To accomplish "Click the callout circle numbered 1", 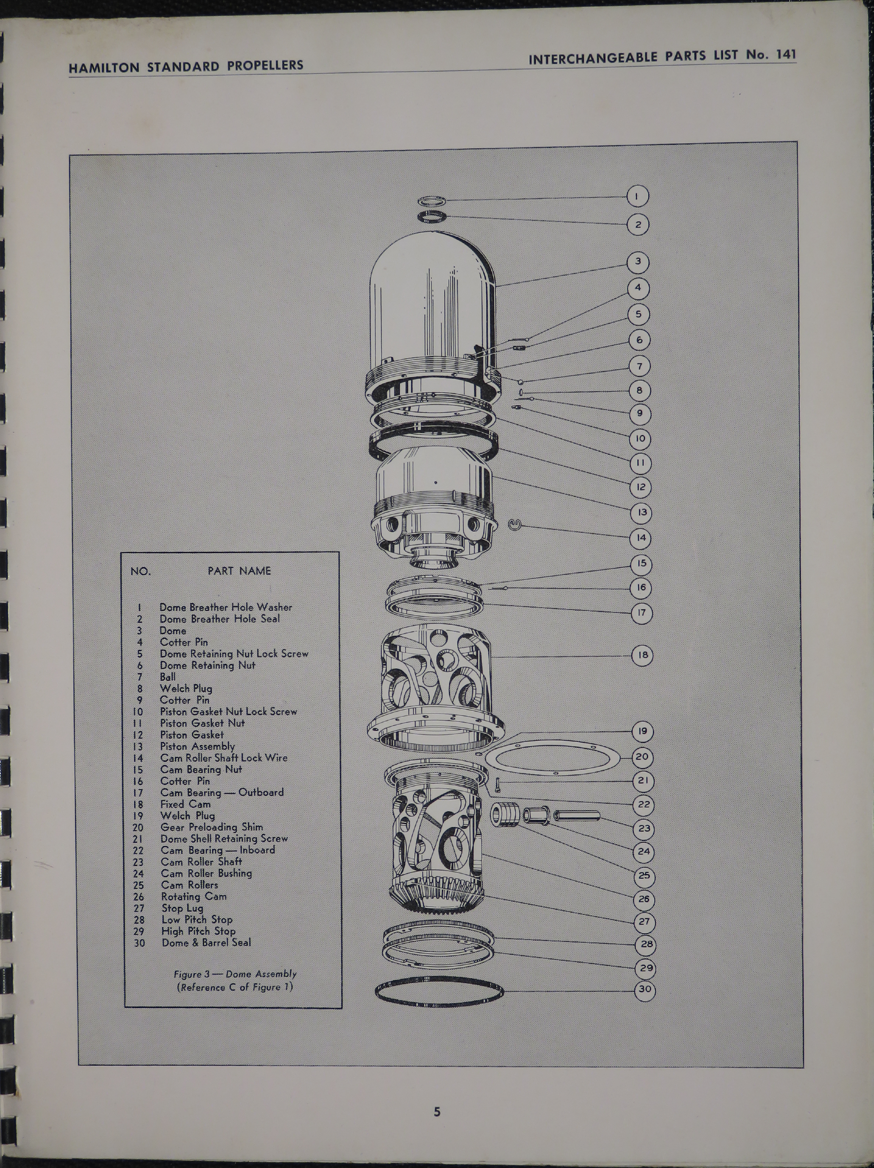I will (638, 196).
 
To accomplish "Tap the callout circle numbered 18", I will (642, 655).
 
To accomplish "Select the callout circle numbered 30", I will (645, 989).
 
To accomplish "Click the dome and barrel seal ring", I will (439, 993).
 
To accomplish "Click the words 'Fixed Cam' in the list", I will (185, 804).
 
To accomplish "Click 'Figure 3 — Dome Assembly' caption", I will (235, 974).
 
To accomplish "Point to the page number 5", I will (437, 1112).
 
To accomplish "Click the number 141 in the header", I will (786, 55).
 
